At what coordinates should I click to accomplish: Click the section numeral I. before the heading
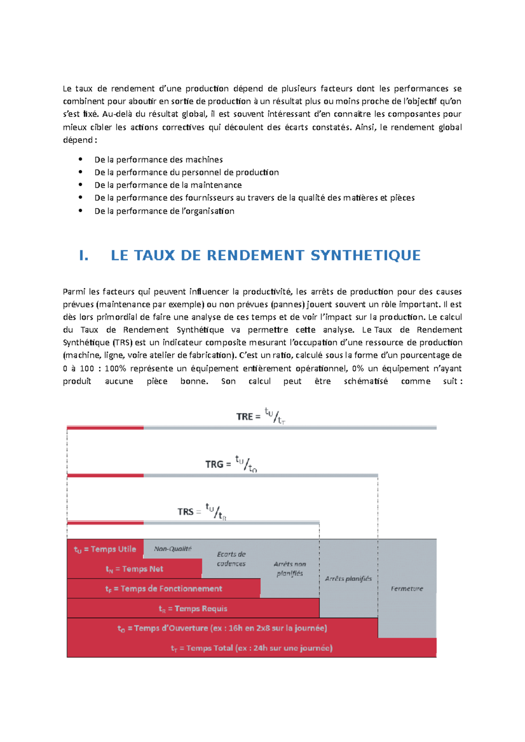84,256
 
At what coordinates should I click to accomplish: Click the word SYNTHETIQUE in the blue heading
365,256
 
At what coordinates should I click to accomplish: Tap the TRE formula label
261,416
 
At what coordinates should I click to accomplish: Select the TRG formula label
231,464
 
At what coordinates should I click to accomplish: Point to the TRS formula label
202,511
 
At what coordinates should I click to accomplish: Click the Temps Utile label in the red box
105,549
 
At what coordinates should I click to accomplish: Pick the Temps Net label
134,569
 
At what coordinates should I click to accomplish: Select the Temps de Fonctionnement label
164,589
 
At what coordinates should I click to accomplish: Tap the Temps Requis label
193,609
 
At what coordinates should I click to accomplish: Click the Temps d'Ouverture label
222,628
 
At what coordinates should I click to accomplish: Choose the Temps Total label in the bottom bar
252,648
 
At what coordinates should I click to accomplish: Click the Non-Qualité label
173,549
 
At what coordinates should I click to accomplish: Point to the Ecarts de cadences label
231,559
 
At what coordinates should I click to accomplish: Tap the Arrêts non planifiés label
290,569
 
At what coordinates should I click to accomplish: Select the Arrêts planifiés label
348,579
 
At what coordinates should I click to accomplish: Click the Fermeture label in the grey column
407,589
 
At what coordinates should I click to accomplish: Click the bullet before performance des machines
80,159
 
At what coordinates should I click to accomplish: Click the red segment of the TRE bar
105,428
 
